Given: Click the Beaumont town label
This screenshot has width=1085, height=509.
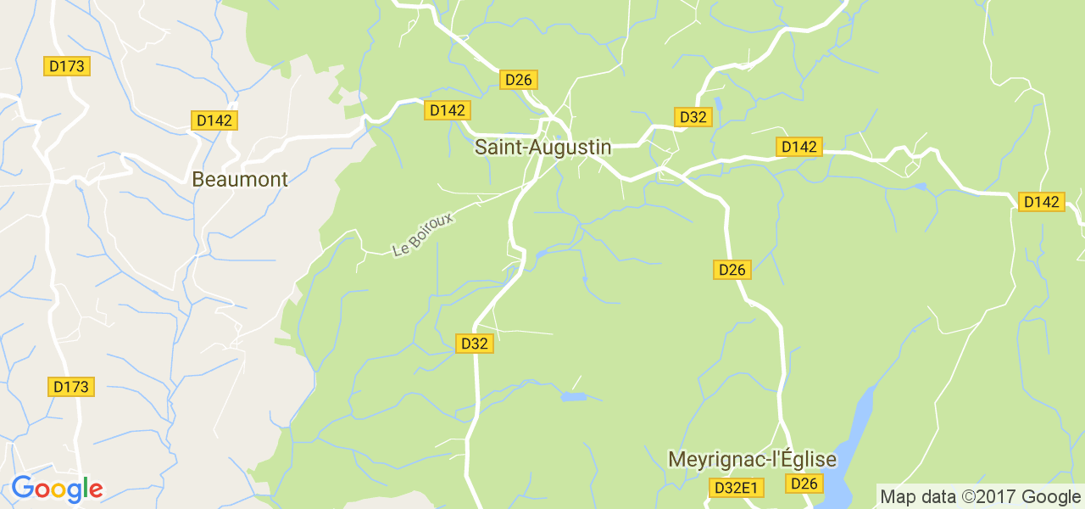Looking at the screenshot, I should [x=240, y=179].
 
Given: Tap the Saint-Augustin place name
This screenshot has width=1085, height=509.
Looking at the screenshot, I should [x=542, y=147].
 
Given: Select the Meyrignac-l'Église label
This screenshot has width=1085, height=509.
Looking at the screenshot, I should [x=752, y=460].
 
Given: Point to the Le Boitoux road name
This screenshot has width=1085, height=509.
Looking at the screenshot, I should [x=424, y=234].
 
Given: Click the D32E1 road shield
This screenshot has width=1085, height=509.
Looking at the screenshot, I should [x=737, y=488].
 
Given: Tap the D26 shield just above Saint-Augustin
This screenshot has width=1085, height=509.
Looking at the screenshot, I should [x=517, y=80].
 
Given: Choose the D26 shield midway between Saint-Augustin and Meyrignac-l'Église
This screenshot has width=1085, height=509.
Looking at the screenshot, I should [x=731, y=270].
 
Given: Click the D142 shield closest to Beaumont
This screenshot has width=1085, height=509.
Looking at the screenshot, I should [x=214, y=120].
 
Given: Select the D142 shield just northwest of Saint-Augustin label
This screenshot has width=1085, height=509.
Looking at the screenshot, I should [x=447, y=110].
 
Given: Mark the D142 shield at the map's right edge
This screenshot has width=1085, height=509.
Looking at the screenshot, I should [x=1041, y=202].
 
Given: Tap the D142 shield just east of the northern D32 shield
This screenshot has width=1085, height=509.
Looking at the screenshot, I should [x=798, y=147].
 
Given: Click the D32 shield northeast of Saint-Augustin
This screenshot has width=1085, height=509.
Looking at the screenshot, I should [x=693, y=117].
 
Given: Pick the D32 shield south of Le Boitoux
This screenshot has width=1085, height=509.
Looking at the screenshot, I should [x=474, y=344].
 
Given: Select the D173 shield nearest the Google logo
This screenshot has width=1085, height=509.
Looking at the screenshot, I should [x=70, y=387].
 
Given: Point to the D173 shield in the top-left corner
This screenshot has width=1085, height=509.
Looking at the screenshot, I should [x=66, y=65].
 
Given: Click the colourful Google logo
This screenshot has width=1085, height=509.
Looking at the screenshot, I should [x=57, y=489].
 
